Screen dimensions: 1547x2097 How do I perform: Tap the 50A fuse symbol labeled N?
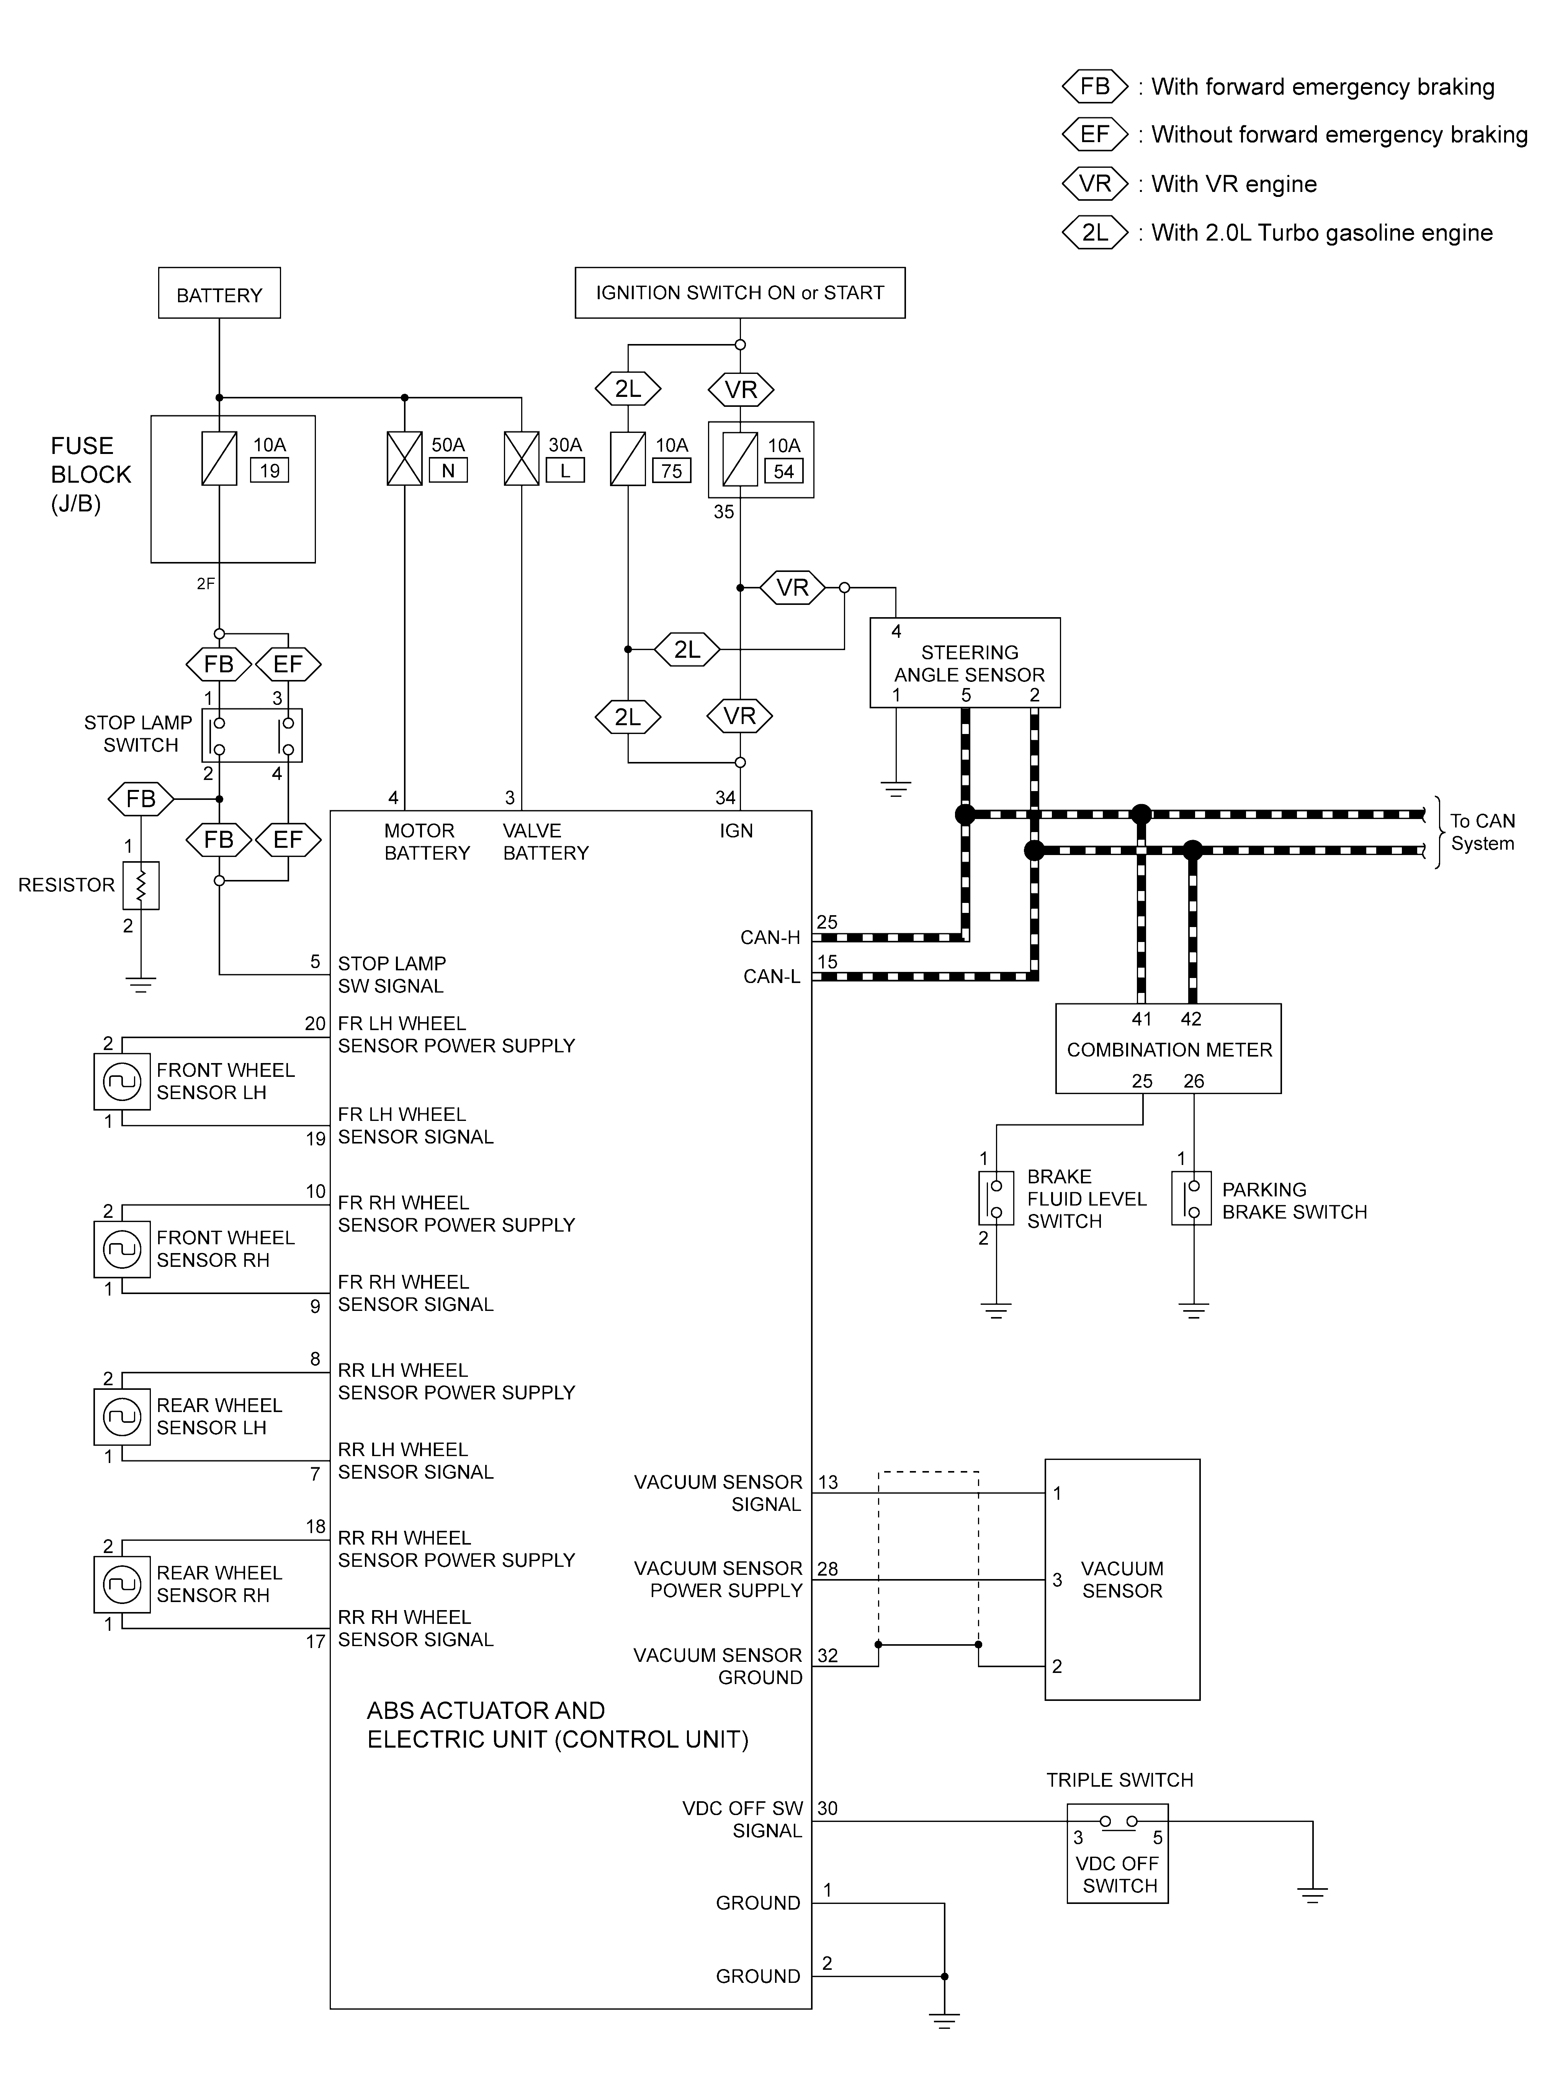pos(404,459)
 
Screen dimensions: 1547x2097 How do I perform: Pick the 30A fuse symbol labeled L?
pos(522,459)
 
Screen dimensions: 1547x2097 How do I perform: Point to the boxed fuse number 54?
pos(784,471)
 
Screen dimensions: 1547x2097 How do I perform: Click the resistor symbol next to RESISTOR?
pos(141,885)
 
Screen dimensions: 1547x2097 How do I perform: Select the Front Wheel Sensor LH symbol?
pos(122,1082)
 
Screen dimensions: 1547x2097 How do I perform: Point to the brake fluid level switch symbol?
pos(996,1198)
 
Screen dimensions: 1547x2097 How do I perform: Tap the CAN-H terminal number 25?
pos(827,922)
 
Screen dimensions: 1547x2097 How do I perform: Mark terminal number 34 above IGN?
pos(726,798)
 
